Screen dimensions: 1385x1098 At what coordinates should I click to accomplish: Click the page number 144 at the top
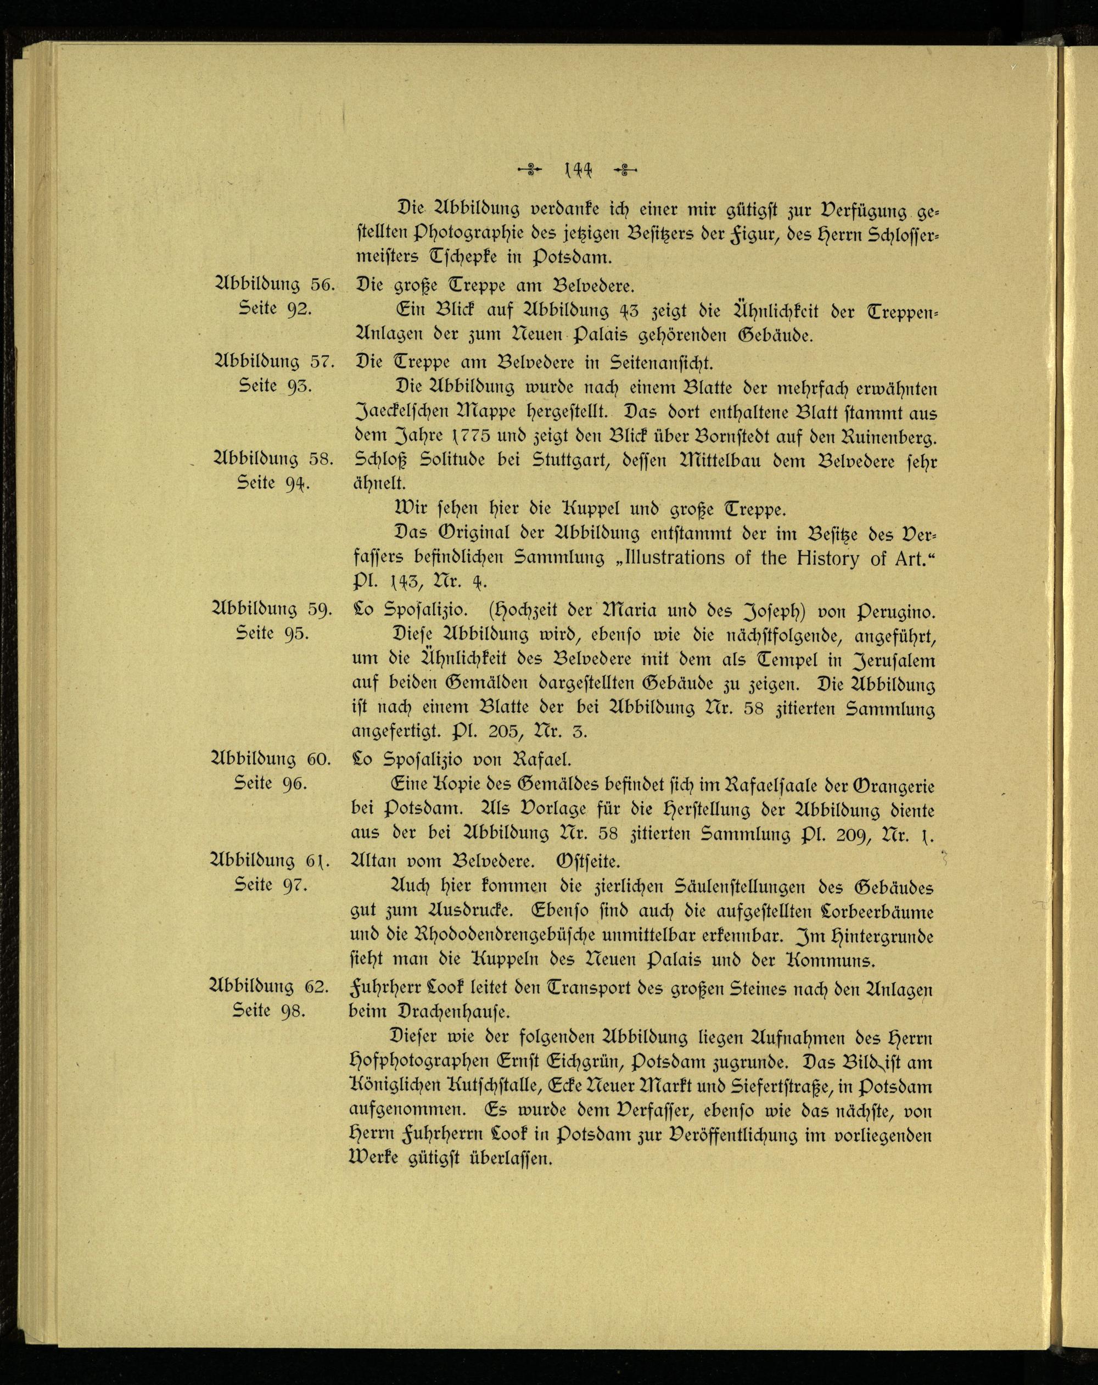(x=577, y=170)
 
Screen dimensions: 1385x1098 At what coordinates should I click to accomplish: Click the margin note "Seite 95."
(x=274, y=633)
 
